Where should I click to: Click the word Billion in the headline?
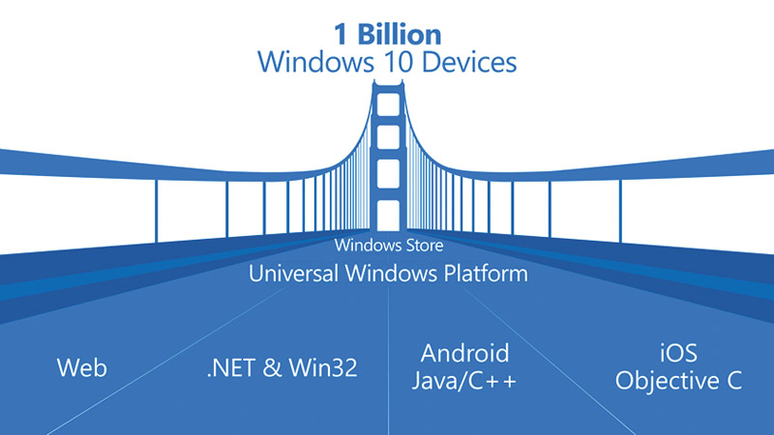coord(400,35)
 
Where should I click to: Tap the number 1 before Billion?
coord(341,35)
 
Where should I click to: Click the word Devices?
coord(469,62)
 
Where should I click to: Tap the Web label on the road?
coord(82,368)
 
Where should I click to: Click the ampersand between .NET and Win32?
coord(272,368)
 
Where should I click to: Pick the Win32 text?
coord(323,368)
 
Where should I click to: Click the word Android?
coord(465,353)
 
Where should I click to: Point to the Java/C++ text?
coord(464,381)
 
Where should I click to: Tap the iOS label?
coord(679,353)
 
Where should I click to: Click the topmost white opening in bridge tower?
coord(388,104)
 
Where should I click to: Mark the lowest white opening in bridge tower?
coord(388,216)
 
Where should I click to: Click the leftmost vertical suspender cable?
coord(157,212)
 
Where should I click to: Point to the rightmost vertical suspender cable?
coord(620,212)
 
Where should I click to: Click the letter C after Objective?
coord(734,381)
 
